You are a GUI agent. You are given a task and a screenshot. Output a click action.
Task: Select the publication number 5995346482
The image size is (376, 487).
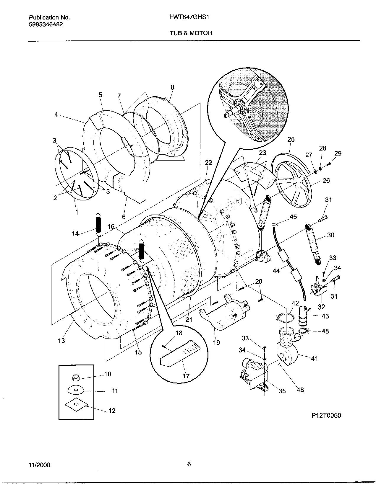point(46,24)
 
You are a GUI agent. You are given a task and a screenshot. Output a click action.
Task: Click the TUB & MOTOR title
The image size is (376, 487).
point(191,33)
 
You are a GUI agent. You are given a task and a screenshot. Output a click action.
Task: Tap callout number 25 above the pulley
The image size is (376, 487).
point(291,140)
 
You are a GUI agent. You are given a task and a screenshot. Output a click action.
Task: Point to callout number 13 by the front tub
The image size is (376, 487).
point(61,341)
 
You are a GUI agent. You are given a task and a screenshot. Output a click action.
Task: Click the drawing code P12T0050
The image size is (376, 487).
point(326,416)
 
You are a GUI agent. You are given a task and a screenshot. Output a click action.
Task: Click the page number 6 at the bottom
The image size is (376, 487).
point(189,464)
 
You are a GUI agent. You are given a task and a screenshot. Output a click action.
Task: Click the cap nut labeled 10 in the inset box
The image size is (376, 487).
point(76,378)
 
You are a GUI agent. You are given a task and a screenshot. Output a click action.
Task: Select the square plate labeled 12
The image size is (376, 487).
point(76,406)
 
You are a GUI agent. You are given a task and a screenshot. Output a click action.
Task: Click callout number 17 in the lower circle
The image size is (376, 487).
point(186,376)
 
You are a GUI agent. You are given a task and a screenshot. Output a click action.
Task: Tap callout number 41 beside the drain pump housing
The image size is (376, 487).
point(314,358)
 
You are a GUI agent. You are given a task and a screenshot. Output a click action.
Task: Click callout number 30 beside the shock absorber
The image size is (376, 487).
point(330,235)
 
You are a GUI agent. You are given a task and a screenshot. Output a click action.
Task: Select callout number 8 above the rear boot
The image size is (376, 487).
point(172,87)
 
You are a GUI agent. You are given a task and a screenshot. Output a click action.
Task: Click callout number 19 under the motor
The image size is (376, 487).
point(216,342)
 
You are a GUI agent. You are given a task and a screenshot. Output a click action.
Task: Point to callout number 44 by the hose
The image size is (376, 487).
point(276,271)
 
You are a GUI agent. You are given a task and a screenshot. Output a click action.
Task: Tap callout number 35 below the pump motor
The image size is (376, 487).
point(282,391)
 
